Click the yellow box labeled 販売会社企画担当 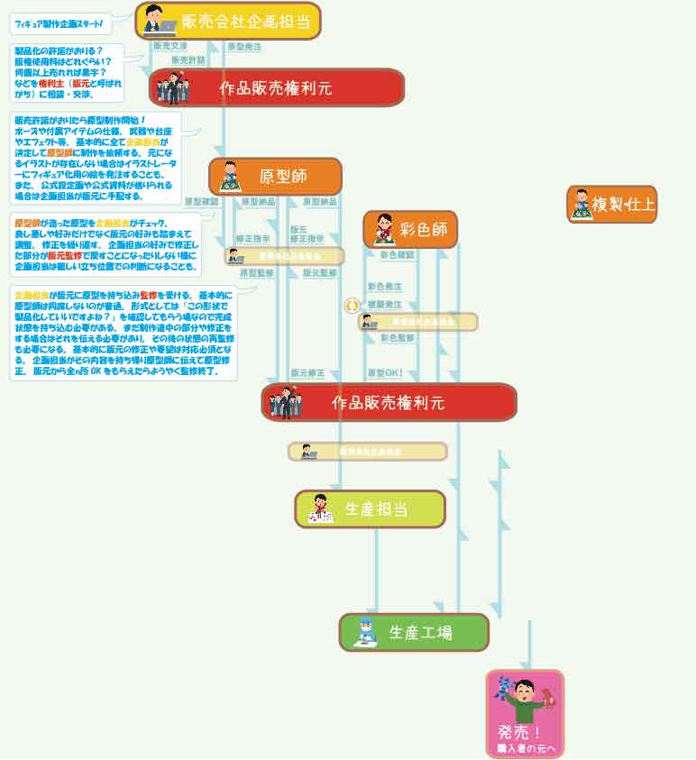pyautogui.click(x=228, y=21)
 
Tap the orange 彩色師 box pyautogui.click(x=410, y=230)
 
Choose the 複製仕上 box pyautogui.click(x=612, y=205)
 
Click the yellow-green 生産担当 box pyautogui.click(x=370, y=509)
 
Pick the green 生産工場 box pyautogui.click(x=414, y=632)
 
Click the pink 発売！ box pyautogui.click(x=525, y=714)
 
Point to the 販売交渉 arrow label pyautogui.click(x=170, y=45)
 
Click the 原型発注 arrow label pyautogui.click(x=244, y=46)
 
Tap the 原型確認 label pyautogui.click(x=201, y=201)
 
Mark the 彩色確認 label pyautogui.click(x=397, y=255)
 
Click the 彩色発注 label pyautogui.click(x=384, y=286)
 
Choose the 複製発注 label pyautogui.click(x=384, y=305)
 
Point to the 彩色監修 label pyautogui.click(x=397, y=338)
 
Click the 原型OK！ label pyautogui.click(x=385, y=371)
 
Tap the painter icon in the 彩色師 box pyautogui.click(x=382, y=230)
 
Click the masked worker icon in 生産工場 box pyautogui.click(x=366, y=632)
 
